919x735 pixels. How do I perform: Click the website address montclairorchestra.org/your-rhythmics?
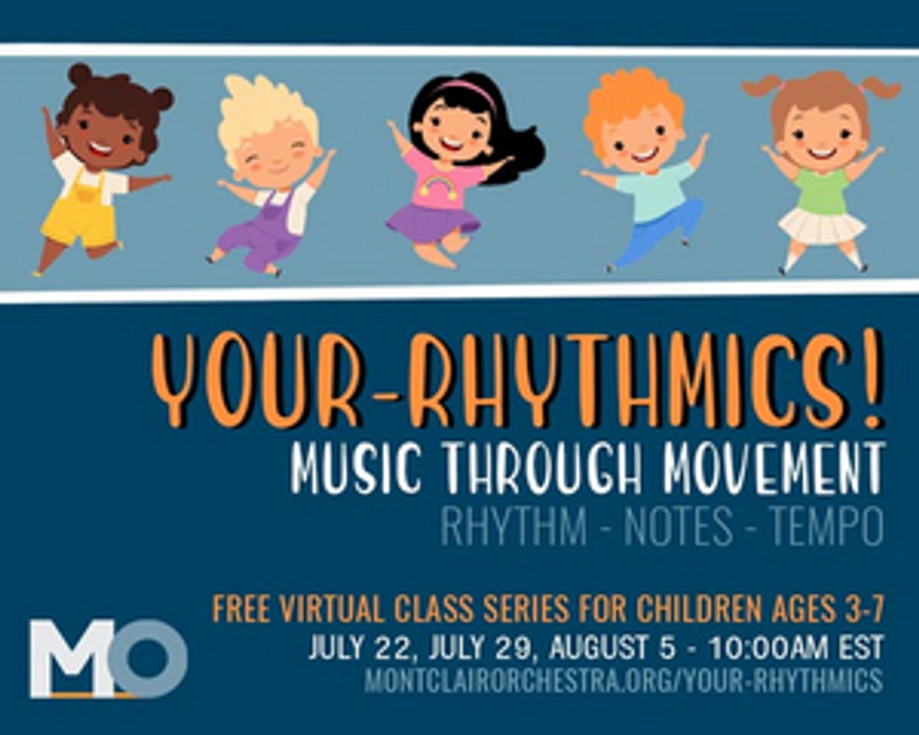coord(623,680)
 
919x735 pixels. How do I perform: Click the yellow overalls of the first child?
coord(82,210)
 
